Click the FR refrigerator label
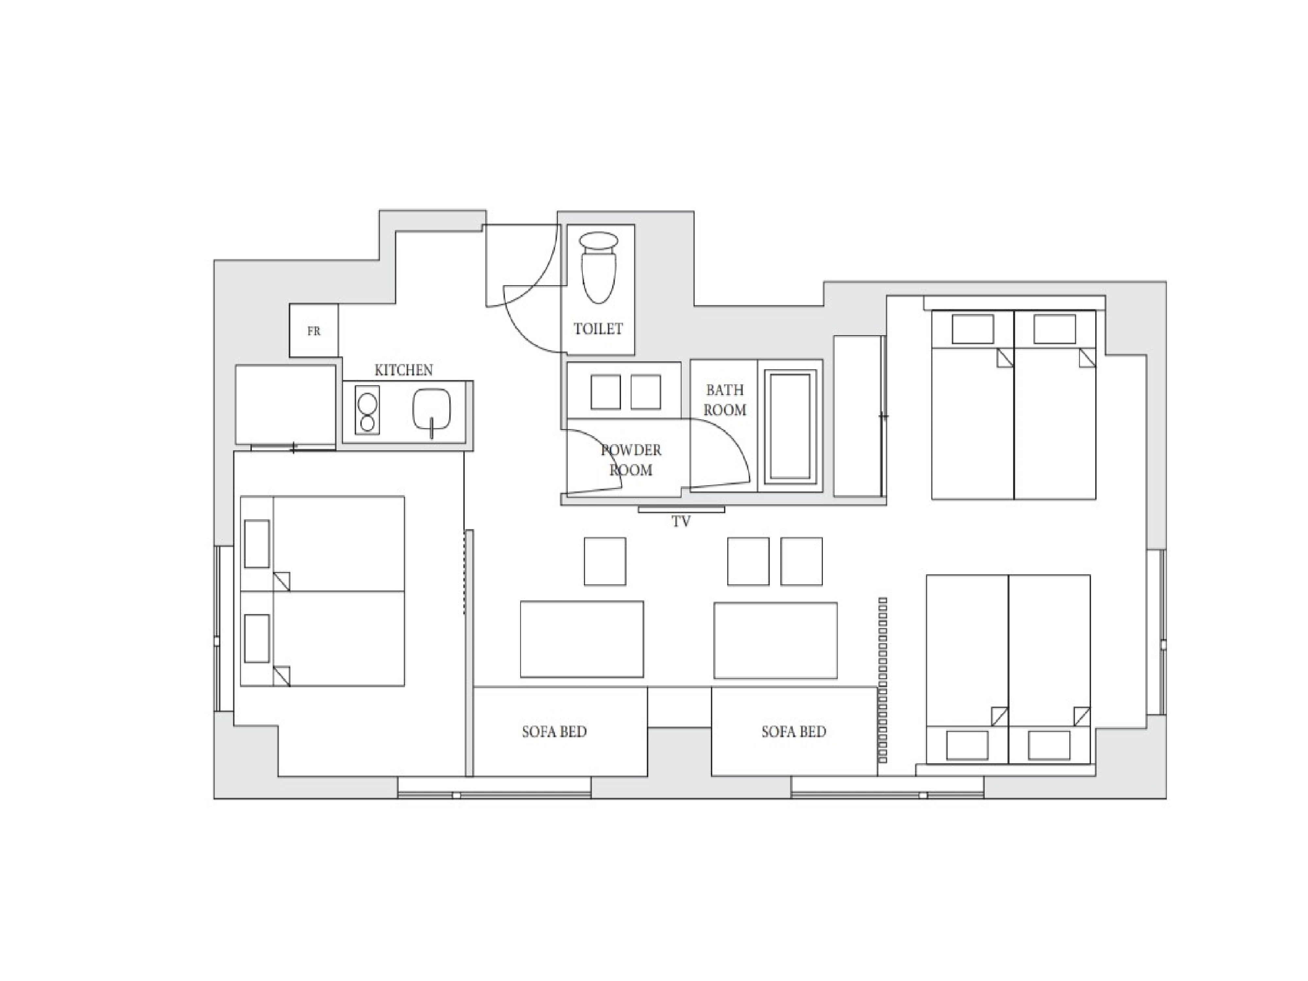[313, 331]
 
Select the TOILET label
[598, 329]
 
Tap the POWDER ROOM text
[631, 460]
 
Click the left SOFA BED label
[554, 732]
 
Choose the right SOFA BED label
[794, 732]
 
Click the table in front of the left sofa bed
[582, 639]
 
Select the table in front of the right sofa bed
[775, 640]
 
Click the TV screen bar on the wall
[681, 509]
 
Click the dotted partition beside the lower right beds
[883, 680]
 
